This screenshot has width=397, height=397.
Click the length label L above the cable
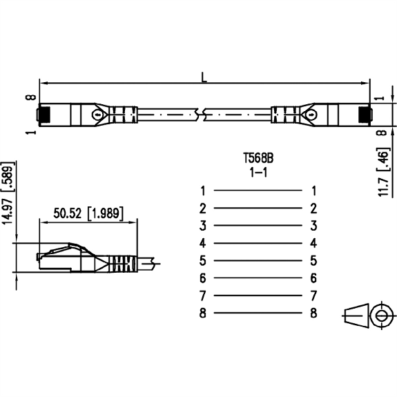click(x=204, y=77)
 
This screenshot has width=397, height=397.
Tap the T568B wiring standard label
click(x=258, y=159)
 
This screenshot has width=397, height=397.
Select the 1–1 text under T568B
click(x=258, y=173)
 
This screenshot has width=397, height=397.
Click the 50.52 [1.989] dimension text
click(x=88, y=213)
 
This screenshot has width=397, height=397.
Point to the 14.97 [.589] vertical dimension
click(x=8, y=193)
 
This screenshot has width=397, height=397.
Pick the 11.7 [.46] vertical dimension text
click(x=383, y=172)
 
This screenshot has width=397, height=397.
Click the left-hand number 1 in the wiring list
click(x=203, y=191)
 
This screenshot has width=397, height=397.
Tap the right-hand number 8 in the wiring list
click(x=313, y=313)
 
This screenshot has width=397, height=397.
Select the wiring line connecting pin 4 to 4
click(x=258, y=243)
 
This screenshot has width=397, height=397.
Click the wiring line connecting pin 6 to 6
click(x=258, y=278)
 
